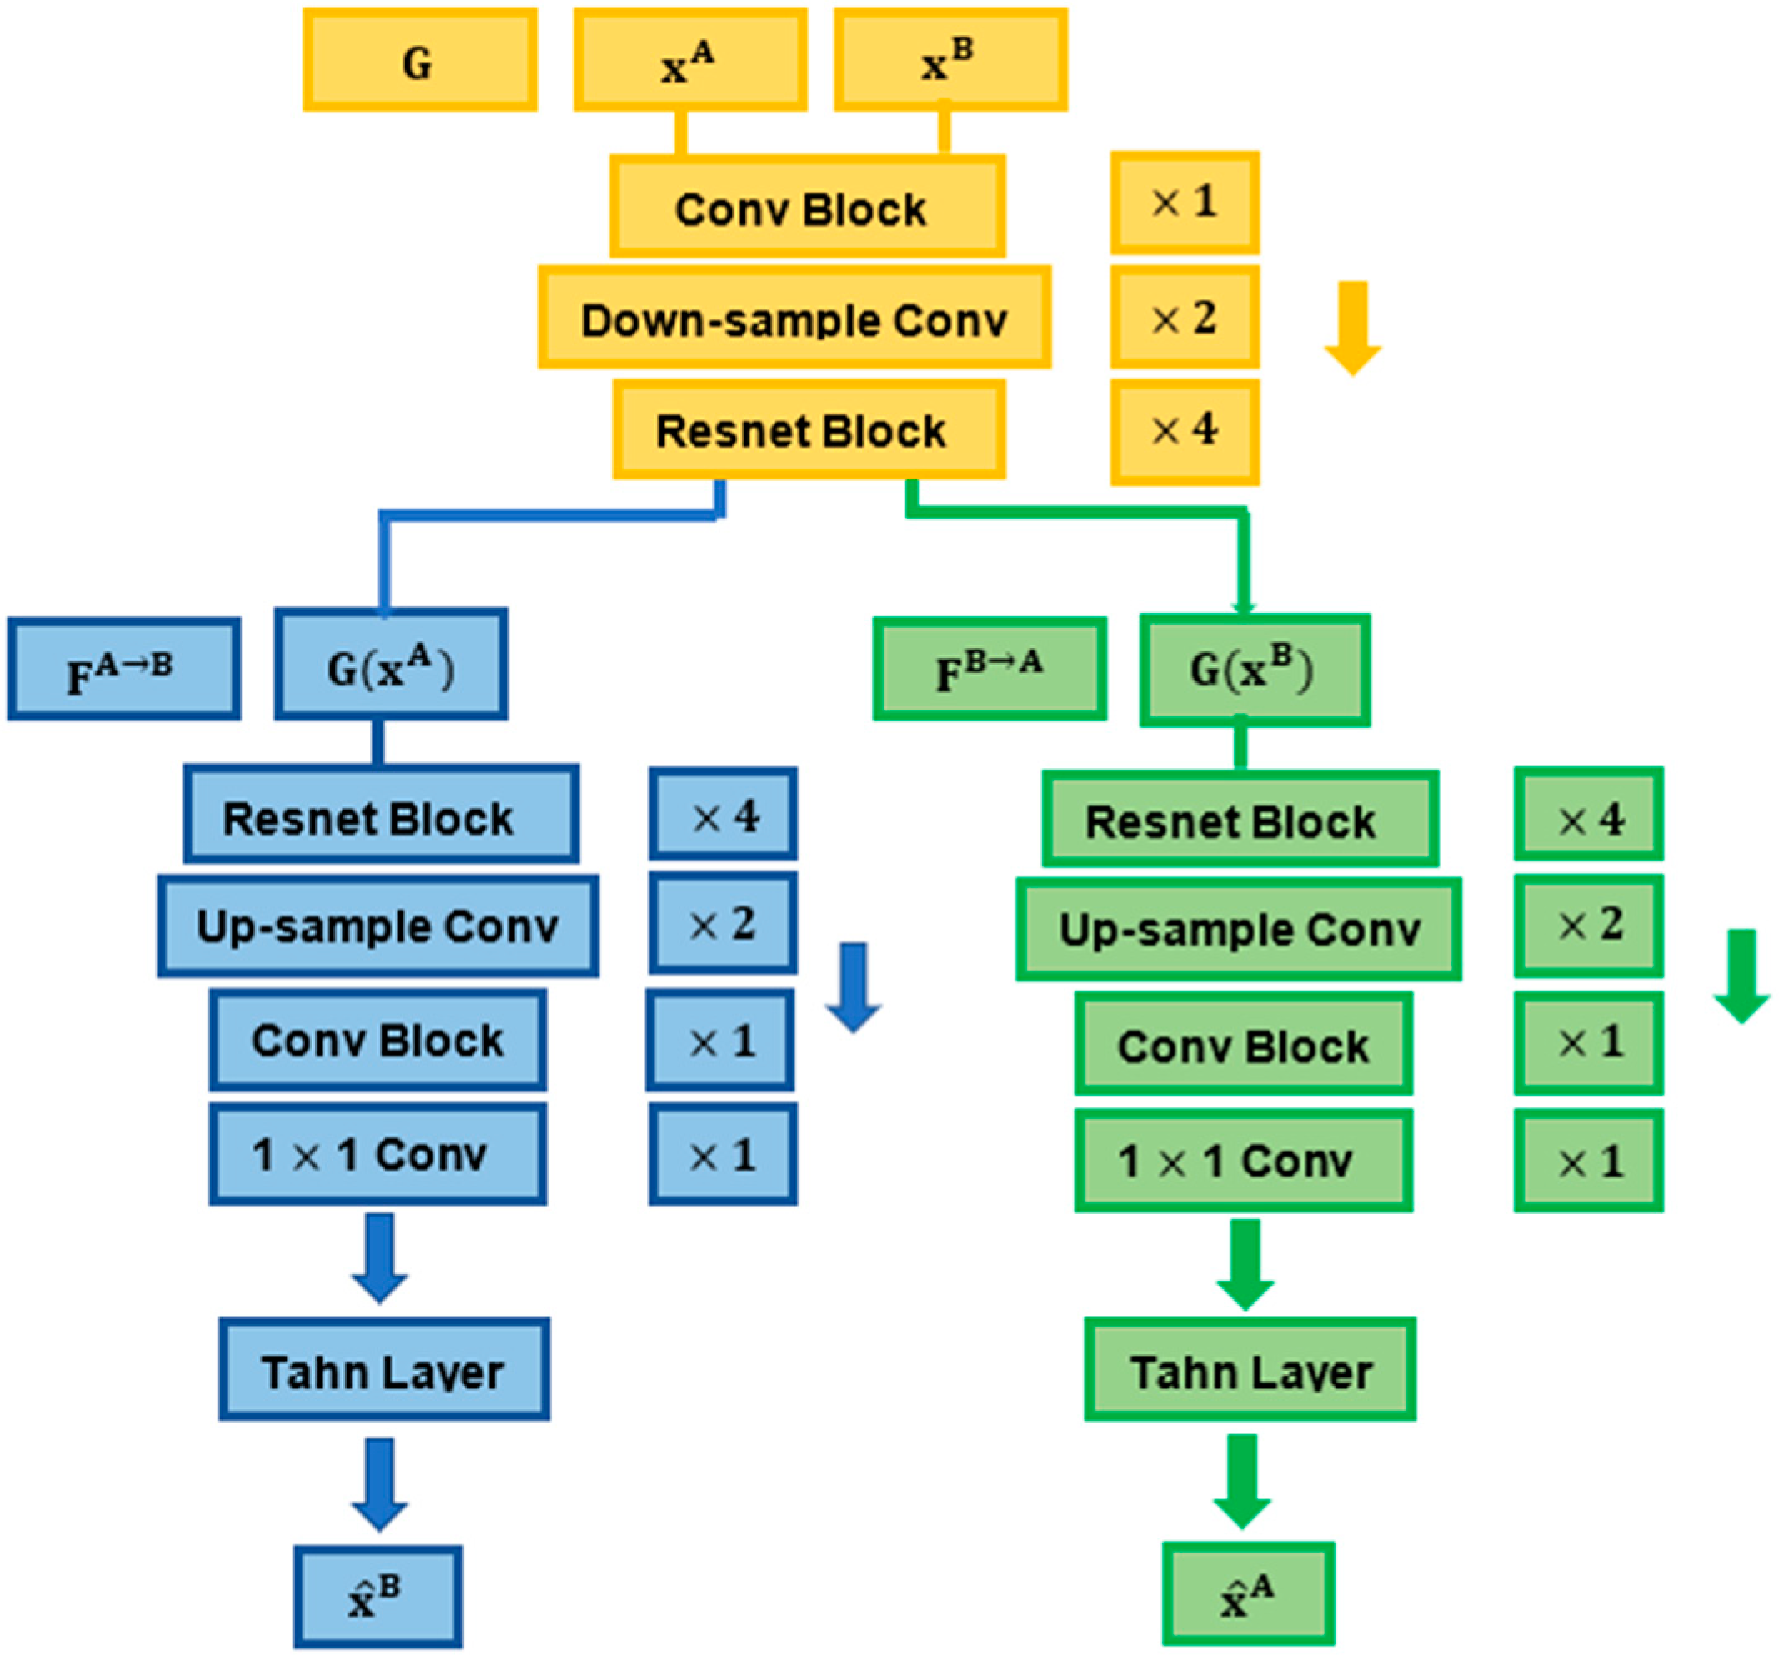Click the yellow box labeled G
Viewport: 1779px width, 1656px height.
pyautogui.click(x=419, y=60)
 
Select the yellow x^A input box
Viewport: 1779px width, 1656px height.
pyautogui.click(x=690, y=60)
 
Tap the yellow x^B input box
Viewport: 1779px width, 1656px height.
pyautogui.click(x=950, y=60)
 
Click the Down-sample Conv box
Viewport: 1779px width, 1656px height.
pyautogui.click(x=794, y=317)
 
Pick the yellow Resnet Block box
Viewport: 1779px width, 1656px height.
pyautogui.click(x=808, y=429)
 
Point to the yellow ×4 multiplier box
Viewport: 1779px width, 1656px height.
pyautogui.click(x=1185, y=431)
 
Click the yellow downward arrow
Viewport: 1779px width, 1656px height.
pyautogui.click(x=1352, y=328)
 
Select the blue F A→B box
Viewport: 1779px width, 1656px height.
pyautogui.click(x=123, y=669)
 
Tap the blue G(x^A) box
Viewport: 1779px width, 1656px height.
pyautogui.click(x=391, y=665)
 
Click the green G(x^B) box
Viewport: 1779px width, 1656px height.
pyautogui.click(x=1254, y=670)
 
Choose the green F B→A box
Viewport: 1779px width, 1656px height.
pyautogui.click(x=989, y=669)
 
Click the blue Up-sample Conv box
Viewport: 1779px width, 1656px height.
pyautogui.click(x=378, y=926)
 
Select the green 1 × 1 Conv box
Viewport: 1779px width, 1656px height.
pyautogui.click(x=1243, y=1160)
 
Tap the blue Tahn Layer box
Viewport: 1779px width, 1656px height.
pyautogui.click(x=384, y=1367)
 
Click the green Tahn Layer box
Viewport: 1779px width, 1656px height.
pyautogui.click(x=1250, y=1367)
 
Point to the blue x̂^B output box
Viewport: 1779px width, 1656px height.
pyautogui.click(x=378, y=1596)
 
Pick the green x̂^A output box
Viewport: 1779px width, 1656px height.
pyautogui.click(x=1247, y=1593)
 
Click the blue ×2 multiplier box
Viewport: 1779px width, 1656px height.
pyautogui.click(x=722, y=923)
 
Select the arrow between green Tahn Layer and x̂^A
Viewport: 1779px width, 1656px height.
pyautogui.click(x=1242, y=1481)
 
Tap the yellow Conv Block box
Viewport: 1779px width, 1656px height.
pyautogui.click(x=807, y=207)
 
